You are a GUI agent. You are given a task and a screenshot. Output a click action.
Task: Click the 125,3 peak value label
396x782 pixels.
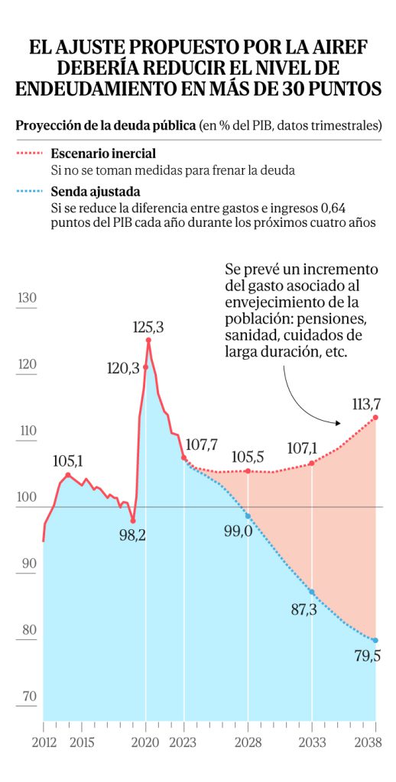coord(148,328)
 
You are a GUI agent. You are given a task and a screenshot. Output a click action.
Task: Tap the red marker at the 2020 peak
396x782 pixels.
coord(148,340)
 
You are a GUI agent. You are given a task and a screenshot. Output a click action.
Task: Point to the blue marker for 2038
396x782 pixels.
coord(375,641)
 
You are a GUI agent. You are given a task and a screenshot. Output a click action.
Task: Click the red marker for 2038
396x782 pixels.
coord(375,418)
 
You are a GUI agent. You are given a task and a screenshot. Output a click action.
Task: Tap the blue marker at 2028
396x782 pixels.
coord(248,515)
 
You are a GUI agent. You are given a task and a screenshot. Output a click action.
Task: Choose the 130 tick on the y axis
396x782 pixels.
coord(27,299)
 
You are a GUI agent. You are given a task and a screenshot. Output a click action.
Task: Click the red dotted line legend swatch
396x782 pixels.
coord(30,153)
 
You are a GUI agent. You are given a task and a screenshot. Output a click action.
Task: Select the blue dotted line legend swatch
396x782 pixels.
coord(30,191)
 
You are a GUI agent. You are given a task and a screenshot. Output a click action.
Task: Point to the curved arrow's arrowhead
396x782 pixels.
coord(337,423)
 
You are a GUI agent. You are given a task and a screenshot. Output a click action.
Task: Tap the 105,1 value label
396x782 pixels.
coord(68,462)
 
